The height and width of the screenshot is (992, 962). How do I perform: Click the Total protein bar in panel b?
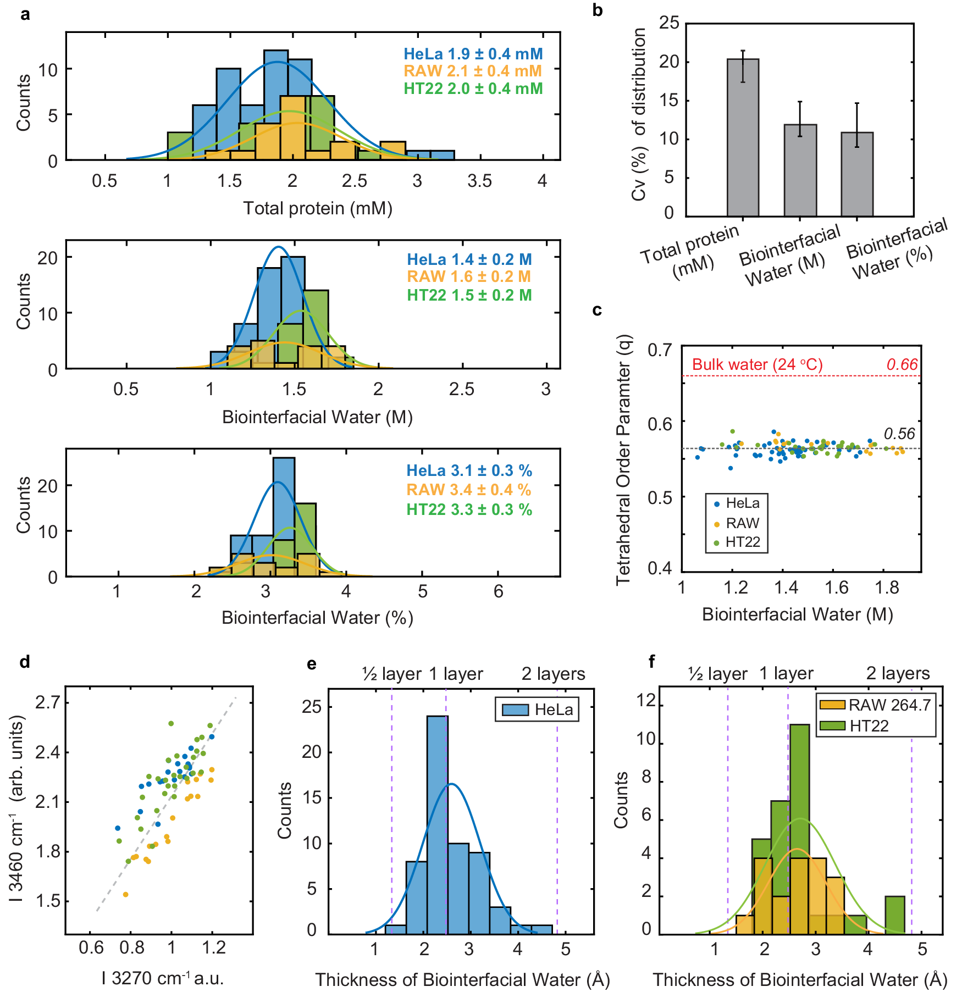(743, 137)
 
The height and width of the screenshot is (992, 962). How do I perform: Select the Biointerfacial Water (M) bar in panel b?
(800, 170)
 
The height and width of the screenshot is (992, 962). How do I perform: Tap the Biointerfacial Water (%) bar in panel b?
(857, 174)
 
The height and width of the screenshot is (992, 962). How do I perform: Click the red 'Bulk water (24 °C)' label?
(757, 364)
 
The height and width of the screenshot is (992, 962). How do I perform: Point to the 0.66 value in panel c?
(902, 364)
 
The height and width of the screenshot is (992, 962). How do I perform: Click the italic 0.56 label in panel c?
(899, 434)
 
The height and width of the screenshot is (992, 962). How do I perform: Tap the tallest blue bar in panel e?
(438, 824)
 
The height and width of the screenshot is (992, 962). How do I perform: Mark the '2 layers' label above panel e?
(553, 674)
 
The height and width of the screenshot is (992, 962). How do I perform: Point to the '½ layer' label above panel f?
(717, 674)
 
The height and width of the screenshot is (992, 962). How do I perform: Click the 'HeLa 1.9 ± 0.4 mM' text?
(473, 54)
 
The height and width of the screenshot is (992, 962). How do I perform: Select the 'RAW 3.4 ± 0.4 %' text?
(468, 490)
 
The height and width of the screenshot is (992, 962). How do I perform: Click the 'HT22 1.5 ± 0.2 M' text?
(469, 295)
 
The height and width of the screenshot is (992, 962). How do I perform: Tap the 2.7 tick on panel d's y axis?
(48, 702)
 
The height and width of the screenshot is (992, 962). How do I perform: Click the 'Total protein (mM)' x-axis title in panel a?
(318, 208)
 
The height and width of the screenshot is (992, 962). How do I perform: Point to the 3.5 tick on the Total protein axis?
(479, 181)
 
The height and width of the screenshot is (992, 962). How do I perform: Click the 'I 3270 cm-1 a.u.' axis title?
(163, 978)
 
